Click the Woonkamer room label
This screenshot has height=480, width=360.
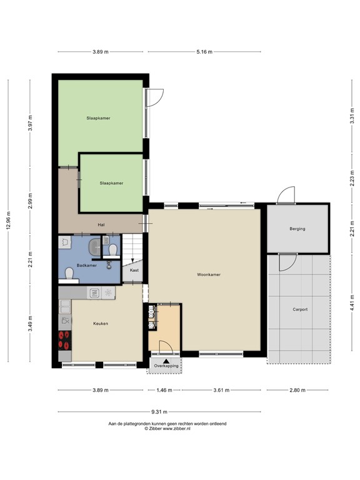(208, 274)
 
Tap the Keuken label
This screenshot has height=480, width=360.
(101, 323)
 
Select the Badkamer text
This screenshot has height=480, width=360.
(87, 266)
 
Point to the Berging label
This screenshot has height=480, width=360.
(297, 229)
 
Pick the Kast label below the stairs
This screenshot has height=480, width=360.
(134, 271)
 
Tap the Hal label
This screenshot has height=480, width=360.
(101, 225)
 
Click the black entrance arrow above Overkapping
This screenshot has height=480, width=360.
(166, 360)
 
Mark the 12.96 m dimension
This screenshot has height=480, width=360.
(8, 219)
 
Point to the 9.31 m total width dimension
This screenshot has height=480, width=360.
(159, 412)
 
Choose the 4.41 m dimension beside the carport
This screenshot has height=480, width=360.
(352, 309)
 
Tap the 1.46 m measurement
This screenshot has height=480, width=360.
(164, 390)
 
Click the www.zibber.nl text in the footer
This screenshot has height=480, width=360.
(180, 429)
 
